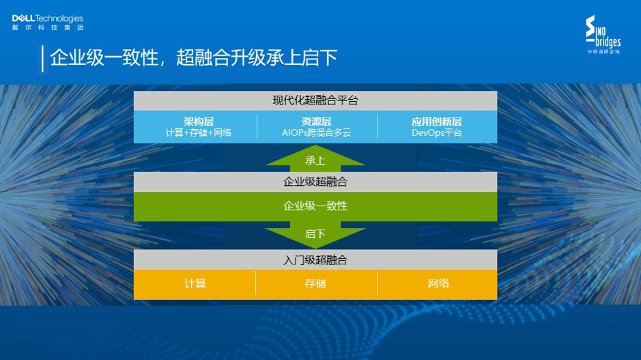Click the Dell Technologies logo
click(47, 19)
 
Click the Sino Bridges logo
click(603, 36)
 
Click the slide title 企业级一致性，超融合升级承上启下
click(194, 58)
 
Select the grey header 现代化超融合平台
click(315, 100)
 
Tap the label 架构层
click(198, 121)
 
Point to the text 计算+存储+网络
click(198, 133)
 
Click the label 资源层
click(316, 121)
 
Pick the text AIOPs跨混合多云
click(316, 133)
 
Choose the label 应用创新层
click(436, 121)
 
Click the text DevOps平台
click(436, 133)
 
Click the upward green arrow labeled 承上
click(315, 158)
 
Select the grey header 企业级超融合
click(315, 182)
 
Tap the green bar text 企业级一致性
click(315, 206)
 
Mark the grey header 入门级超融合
click(315, 260)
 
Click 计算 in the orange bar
click(195, 283)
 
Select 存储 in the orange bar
click(315, 283)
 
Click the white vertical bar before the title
click(43, 58)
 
